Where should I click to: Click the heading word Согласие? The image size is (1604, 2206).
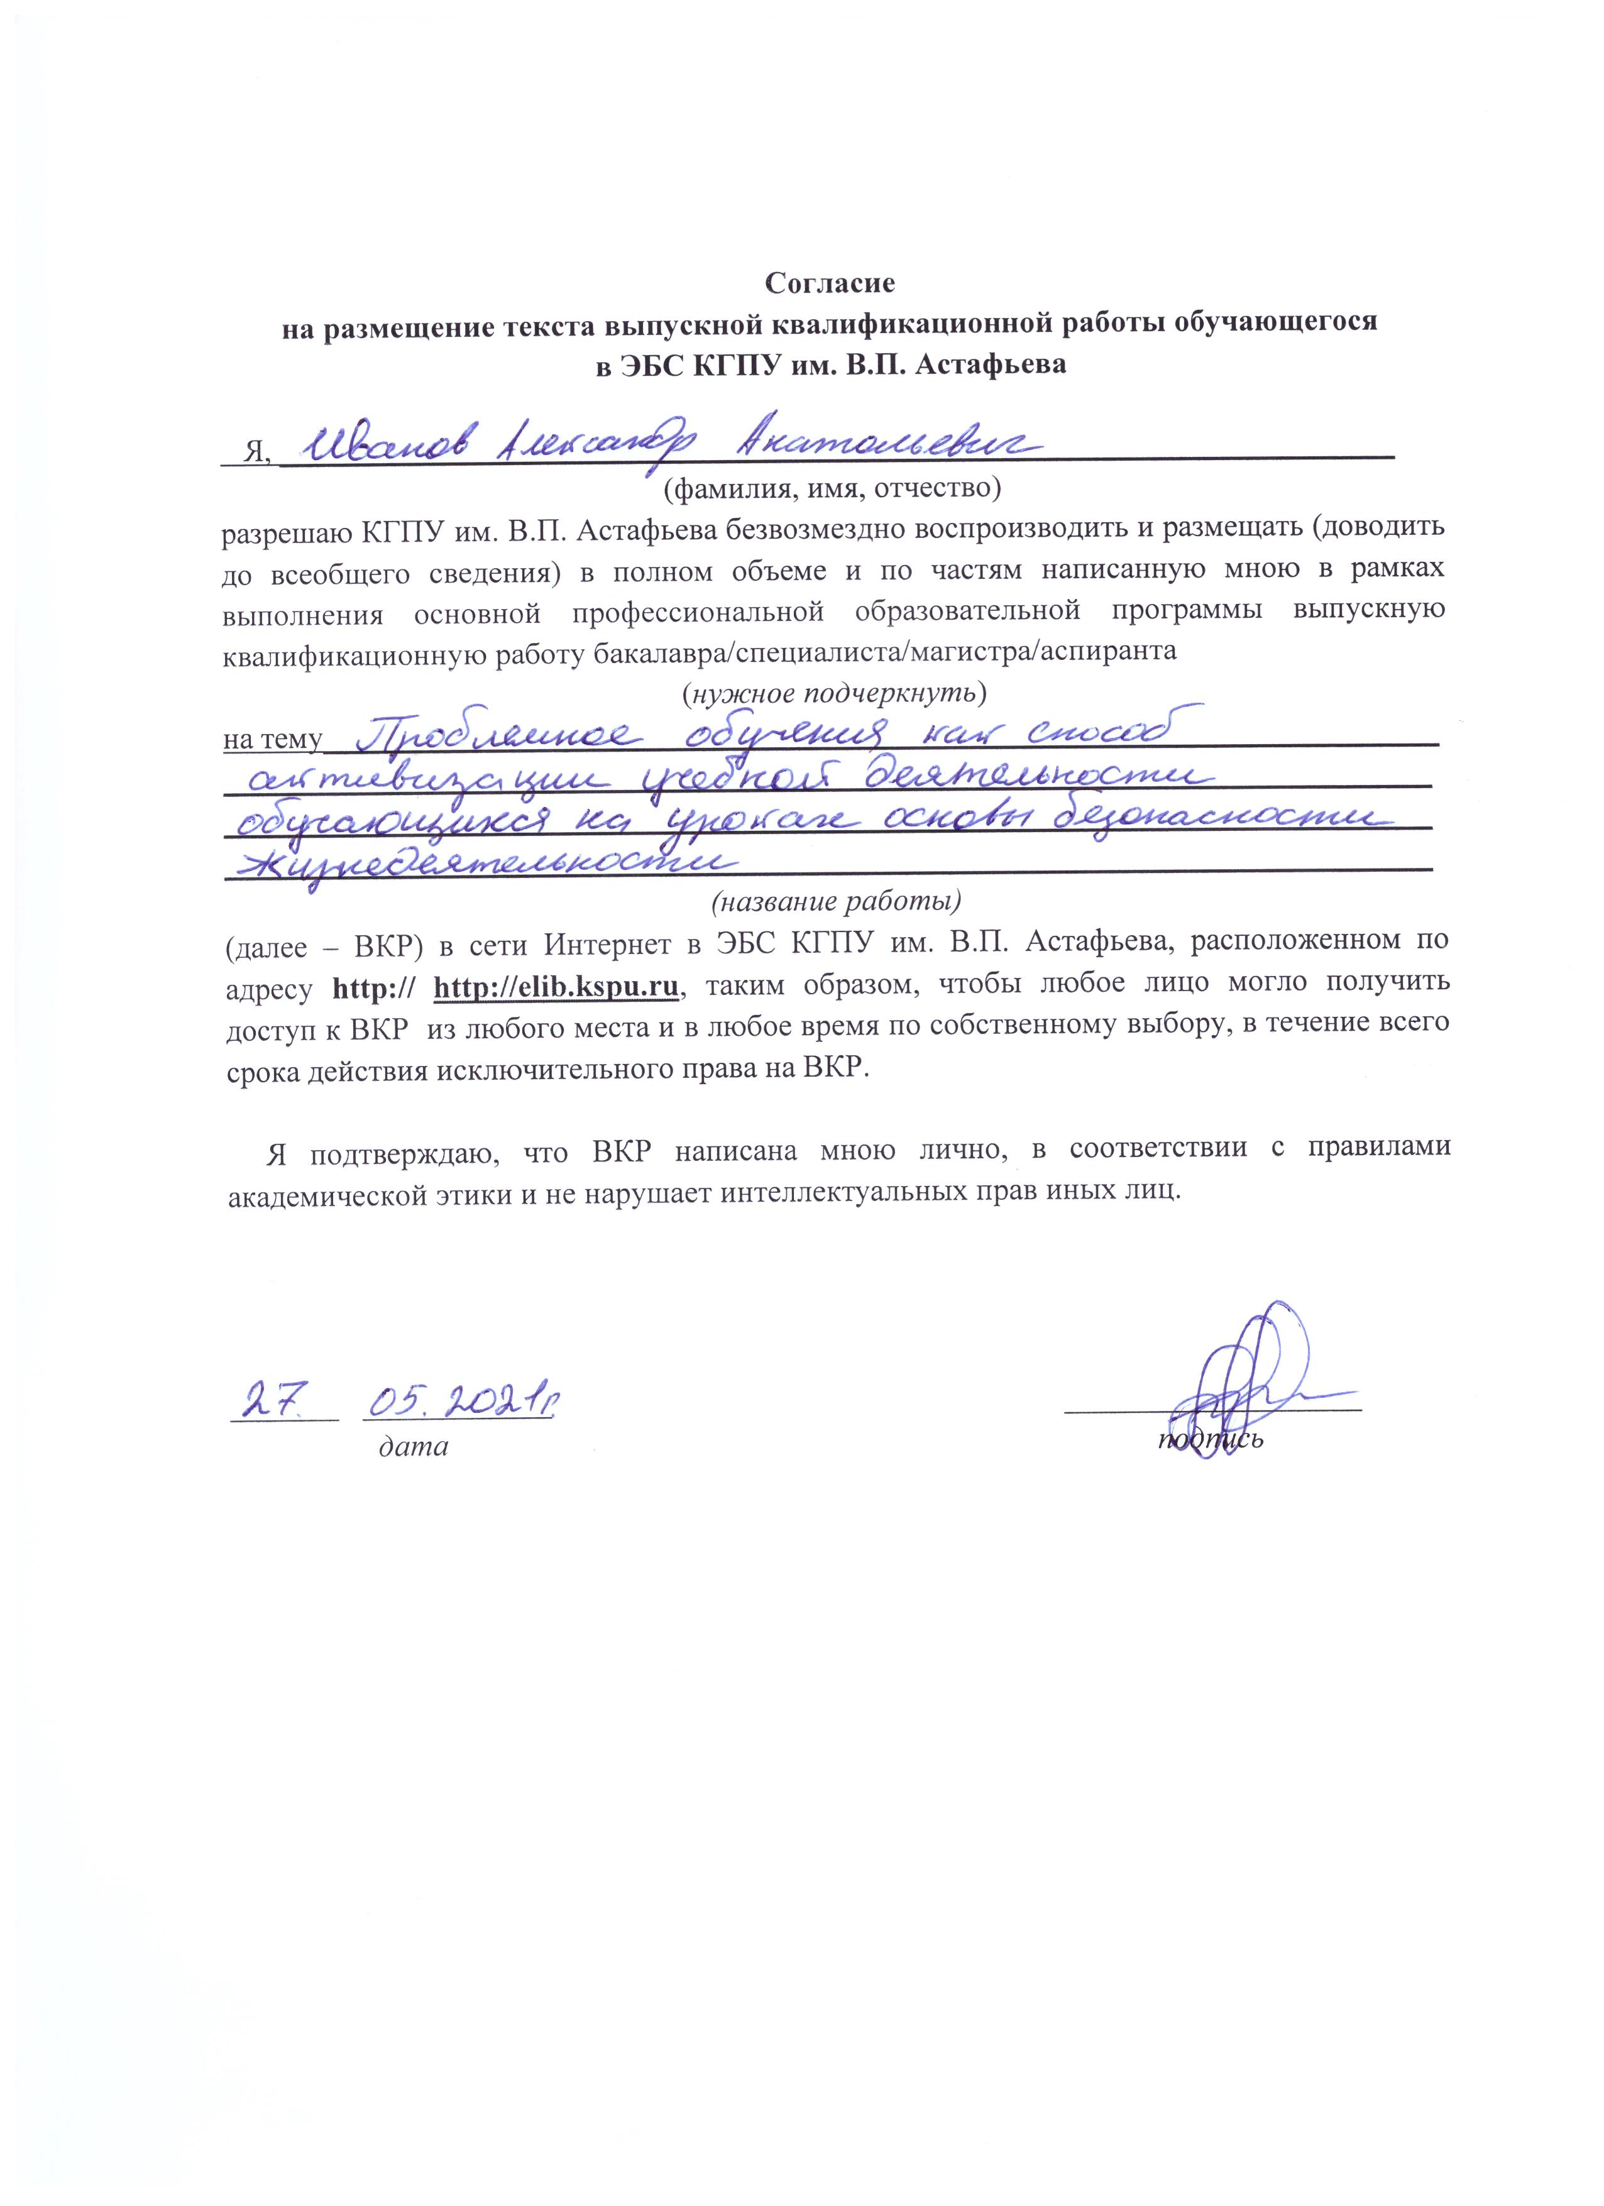pyautogui.click(x=829, y=283)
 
